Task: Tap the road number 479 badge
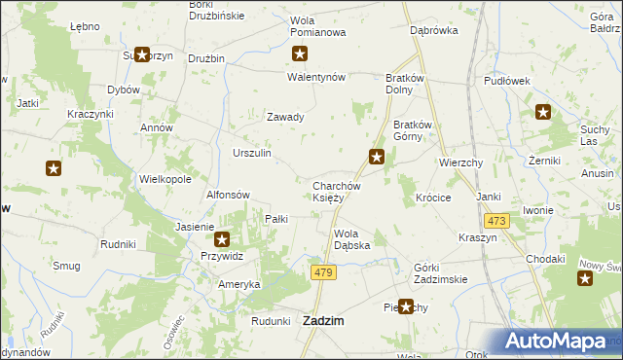[x=324, y=273]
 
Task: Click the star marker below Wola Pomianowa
[x=301, y=54]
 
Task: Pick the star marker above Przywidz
[x=222, y=238]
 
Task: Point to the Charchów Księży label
[x=337, y=192]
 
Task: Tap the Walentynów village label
[x=316, y=78]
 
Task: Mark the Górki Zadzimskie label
[x=440, y=273]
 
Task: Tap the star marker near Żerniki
[x=542, y=113]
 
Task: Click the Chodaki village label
[x=545, y=259]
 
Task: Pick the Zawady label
[x=286, y=117]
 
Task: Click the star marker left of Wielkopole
[x=54, y=168]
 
